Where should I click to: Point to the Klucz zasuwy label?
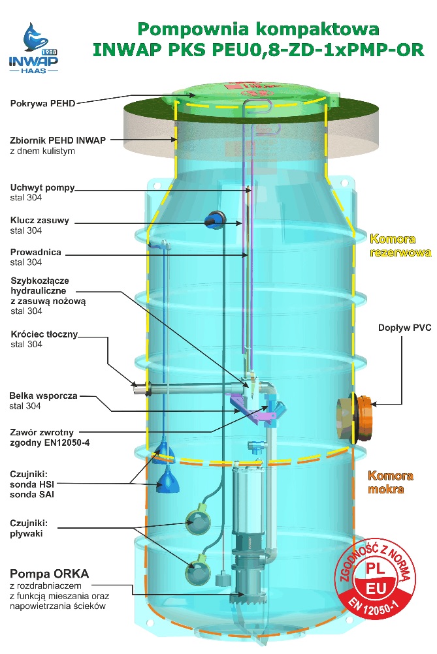coord(40,221)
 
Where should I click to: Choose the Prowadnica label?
coord(36,252)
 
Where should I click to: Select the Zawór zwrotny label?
coord(42,431)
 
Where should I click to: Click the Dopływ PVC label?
coord(404,328)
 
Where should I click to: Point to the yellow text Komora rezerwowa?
coord(400,246)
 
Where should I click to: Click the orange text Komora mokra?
coord(395,482)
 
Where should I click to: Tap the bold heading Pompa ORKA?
coord(49,574)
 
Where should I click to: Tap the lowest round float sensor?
coord(198,573)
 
